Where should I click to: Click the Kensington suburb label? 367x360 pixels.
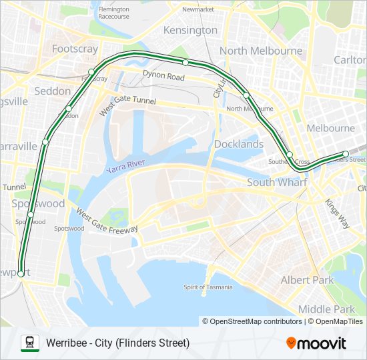[x=190, y=30]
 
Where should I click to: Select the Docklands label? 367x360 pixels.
[x=239, y=144]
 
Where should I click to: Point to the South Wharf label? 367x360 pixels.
[x=276, y=182]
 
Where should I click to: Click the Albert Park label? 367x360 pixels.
[x=307, y=280]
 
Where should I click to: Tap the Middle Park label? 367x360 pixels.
[x=327, y=309]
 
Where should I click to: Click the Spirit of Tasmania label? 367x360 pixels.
[x=208, y=287]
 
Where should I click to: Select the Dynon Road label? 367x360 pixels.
[x=163, y=77]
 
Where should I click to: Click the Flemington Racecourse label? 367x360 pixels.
[x=113, y=13]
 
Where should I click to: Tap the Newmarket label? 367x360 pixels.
[x=198, y=10]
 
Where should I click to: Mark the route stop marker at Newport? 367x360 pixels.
[x=21, y=273]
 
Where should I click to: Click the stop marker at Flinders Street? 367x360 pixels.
[x=346, y=154]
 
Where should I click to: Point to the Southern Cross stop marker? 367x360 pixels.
[x=290, y=155]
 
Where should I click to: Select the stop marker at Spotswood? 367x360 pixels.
[x=31, y=214]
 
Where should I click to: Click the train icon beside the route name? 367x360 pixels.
[x=29, y=343]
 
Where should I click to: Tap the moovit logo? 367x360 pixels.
[x=316, y=343]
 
